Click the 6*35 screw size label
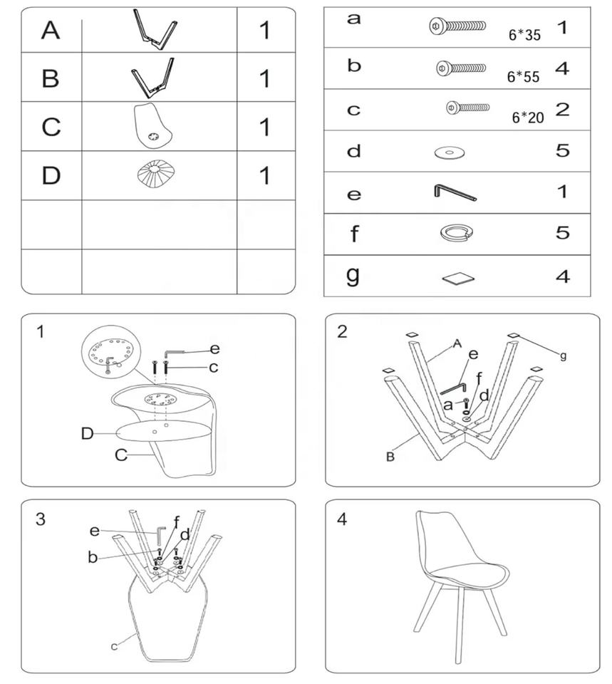(x=524, y=35)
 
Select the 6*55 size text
(x=523, y=77)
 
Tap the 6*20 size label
(x=528, y=118)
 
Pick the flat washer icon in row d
(x=450, y=152)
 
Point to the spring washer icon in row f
(x=457, y=232)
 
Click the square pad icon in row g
(x=458, y=279)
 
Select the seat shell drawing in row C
(x=152, y=127)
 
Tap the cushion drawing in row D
(x=152, y=175)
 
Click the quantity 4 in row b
(x=562, y=68)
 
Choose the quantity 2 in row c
(x=562, y=109)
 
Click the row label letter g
(x=353, y=276)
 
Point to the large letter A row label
(x=51, y=30)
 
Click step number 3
(x=40, y=519)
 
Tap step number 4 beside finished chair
(x=343, y=519)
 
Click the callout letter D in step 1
(x=87, y=434)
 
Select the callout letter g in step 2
(x=563, y=356)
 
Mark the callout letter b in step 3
(x=93, y=557)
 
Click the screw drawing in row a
(x=457, y=26)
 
